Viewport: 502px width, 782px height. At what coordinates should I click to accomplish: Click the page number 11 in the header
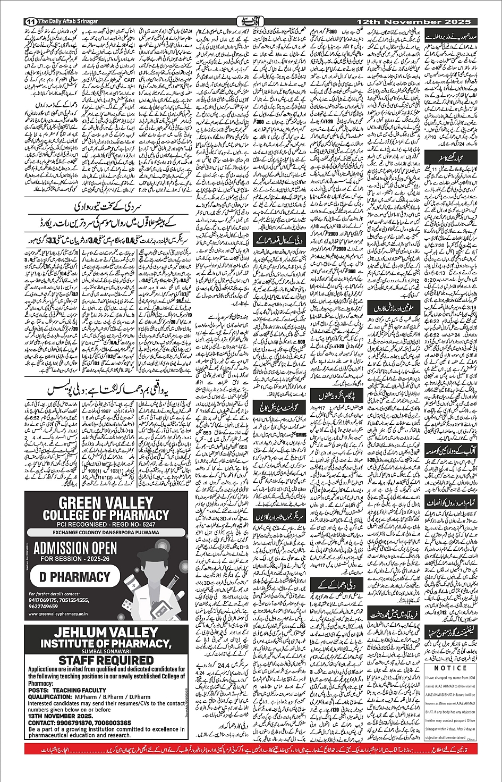tap(30, 21)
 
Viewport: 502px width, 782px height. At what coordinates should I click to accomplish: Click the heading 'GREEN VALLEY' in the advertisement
tap(106, 503)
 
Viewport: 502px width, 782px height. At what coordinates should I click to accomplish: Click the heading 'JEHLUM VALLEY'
tap(106, 633)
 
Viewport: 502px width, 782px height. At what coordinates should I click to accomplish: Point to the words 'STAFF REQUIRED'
tap(106, 661)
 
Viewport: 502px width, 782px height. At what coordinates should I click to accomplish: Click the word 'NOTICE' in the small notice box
tap(450, 668)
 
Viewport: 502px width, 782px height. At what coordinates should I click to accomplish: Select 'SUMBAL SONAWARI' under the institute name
tap(106, 651)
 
